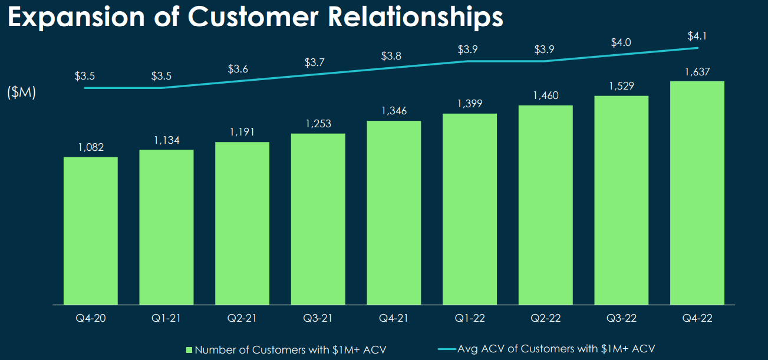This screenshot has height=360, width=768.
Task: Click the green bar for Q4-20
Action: [91, 230]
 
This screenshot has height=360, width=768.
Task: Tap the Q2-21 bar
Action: [242, 223]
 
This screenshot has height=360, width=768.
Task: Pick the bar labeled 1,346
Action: [394, 213]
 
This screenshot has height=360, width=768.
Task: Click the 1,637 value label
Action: [697, 72]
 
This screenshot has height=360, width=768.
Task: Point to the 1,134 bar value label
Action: [166, 140]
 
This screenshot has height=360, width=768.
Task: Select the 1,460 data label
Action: [546, 96]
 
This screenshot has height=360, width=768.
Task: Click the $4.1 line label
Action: [697, 36]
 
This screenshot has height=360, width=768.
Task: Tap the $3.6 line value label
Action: [238, 69]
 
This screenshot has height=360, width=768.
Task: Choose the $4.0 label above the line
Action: [621, 42]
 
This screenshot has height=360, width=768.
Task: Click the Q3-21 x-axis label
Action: [318, 318]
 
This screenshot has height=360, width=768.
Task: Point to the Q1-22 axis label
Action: [470, 318]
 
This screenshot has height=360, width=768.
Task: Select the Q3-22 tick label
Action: [621, 318]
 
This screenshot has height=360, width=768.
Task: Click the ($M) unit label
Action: [22, 93]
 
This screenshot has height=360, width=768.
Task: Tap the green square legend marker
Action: [189, 349]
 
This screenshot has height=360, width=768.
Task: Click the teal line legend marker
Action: [446, 349]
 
